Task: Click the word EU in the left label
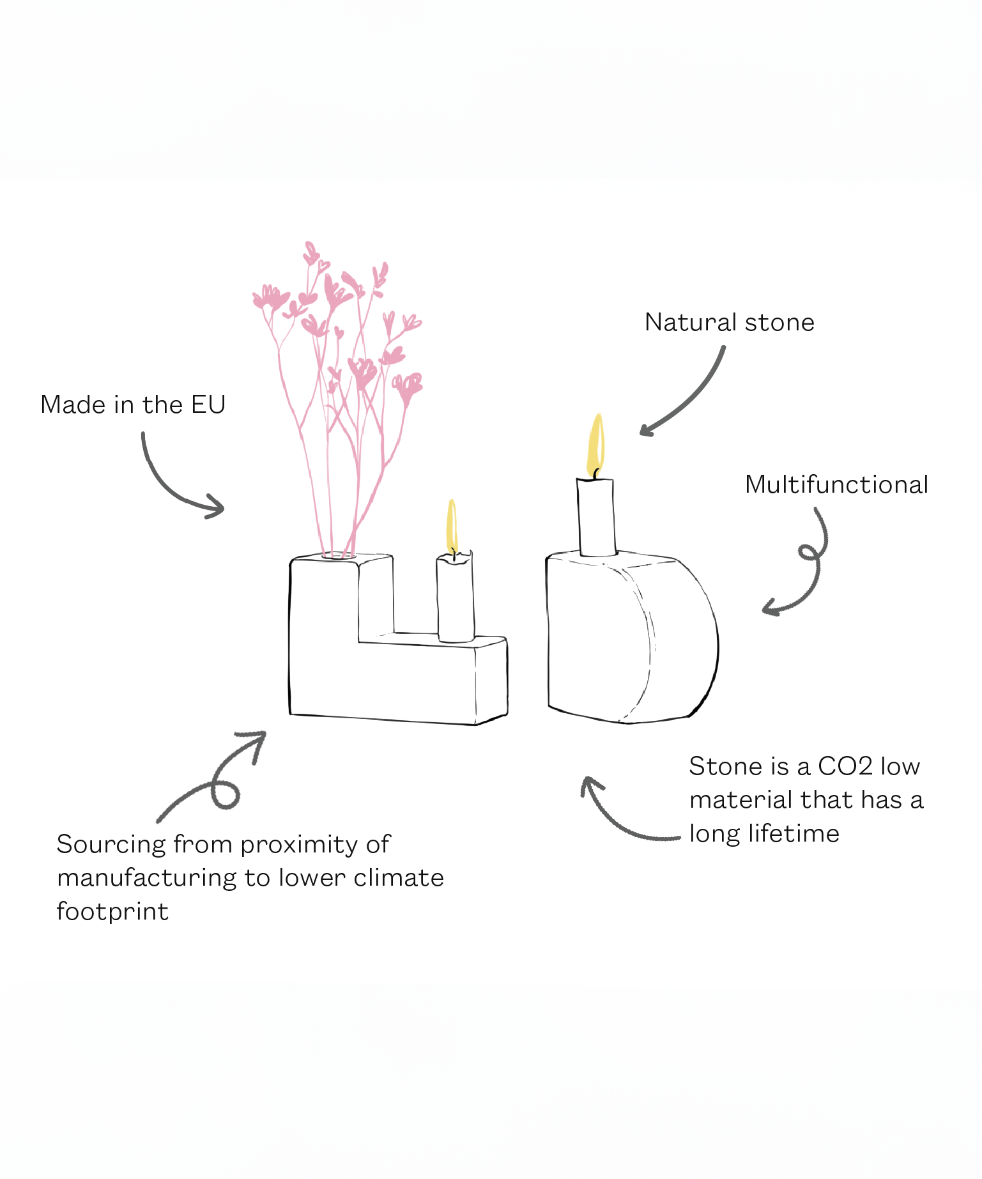coord(208,405)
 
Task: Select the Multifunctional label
coord(836,485)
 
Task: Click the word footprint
coord(112,912)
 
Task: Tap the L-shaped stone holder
coord(383,677)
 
